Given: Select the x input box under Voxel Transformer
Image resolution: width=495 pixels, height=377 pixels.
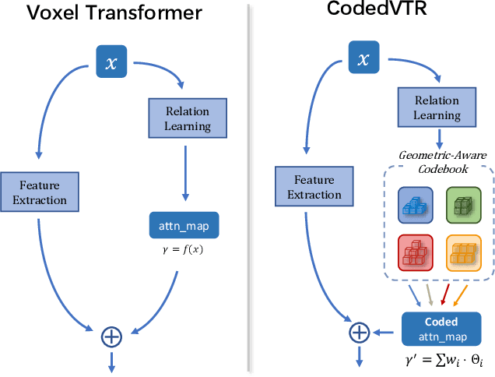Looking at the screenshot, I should (111, 62).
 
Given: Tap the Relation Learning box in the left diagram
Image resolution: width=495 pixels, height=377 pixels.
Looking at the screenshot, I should (179, 117).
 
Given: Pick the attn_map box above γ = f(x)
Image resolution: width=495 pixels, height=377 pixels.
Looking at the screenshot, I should (184, 226).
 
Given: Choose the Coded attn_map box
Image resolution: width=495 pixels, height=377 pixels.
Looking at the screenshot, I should (441, 329).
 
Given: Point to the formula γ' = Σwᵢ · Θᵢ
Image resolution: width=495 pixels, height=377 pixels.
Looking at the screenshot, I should (441, 361).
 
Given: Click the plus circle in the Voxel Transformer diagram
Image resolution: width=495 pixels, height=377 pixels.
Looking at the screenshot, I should (112, 336).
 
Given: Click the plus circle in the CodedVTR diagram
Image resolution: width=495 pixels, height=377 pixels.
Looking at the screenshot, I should (359, 333).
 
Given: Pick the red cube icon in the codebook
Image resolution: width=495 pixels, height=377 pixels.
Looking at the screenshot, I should (415, 251).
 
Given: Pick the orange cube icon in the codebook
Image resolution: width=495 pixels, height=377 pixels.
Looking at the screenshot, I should (463, 251).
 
